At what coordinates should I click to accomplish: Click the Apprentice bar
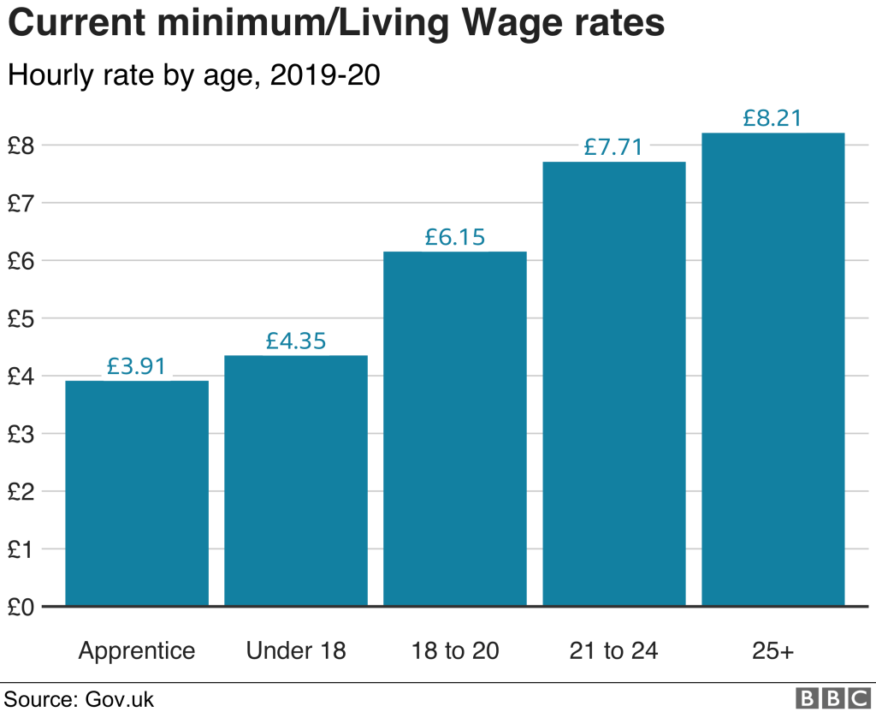(x=137, y=494)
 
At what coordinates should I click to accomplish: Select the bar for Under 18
(x=296, y=481)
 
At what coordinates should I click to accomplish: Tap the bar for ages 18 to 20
(x=454, y=429)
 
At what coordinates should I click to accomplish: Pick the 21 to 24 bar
(x=613, y=384)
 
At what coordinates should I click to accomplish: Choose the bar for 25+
(x=772, y=370)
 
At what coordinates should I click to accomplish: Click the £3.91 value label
(x=137, y=366)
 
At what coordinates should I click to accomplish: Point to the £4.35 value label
(x=296, y=341)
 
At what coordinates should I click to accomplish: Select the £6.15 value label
(x=454, y=237)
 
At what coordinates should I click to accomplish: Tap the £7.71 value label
(x=613, y=147)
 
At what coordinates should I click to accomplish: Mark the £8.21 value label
(x=772, y=118)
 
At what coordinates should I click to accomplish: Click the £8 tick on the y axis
(x=21, y=145)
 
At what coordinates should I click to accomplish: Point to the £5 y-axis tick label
(x=21, y=318)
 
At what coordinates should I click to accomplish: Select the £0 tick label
(x=21, y=607)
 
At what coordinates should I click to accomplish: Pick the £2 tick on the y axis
(x=21, y=491)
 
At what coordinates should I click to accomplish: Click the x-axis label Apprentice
(x=137, y=651)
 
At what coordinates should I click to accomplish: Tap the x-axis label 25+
(x=772, y=651)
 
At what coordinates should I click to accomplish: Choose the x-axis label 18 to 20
(x=454, y=651)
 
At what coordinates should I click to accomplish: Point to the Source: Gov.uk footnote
(x=80, y=698)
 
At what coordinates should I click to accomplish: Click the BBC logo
(x=832, y=697)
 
